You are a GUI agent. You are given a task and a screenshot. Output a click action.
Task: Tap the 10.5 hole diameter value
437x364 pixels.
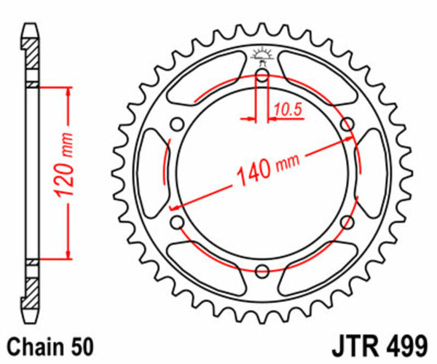tap(288, 110)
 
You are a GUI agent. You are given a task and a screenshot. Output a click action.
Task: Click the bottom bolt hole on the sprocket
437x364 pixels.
tap(262, 271)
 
